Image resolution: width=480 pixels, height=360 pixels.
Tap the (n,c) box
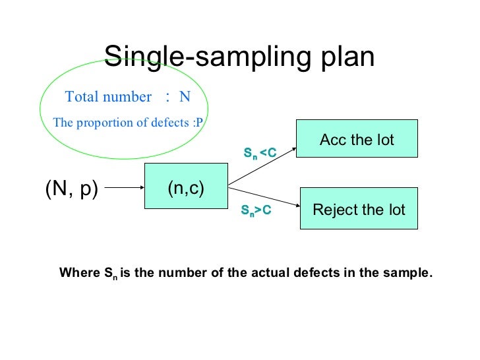coord(186,188)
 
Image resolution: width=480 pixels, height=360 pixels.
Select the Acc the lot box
coord(357,139)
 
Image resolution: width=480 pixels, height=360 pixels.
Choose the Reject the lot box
coord(359,210)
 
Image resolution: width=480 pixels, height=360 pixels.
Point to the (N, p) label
coord(71,189)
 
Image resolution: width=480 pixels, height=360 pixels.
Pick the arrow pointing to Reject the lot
coord(264,200)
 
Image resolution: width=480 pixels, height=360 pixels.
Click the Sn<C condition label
coord(259,154)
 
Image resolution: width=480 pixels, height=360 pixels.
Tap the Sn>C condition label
coord(256,210)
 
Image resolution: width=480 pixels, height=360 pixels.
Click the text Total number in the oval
coord(108,97)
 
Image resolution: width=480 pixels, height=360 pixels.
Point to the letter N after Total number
coord(185,97)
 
